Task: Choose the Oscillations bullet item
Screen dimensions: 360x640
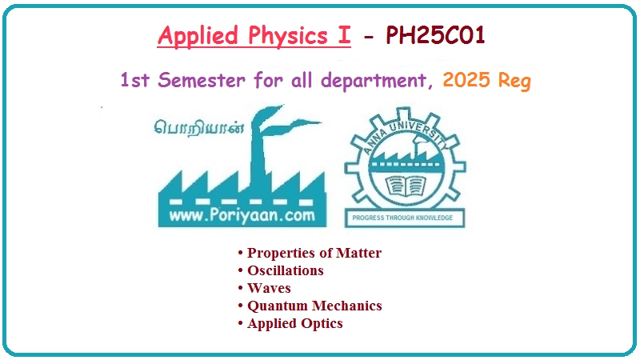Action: click(x=285, y=270)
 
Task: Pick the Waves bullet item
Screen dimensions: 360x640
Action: click(x=269, y=288)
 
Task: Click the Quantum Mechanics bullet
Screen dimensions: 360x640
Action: click(x=314, y=306)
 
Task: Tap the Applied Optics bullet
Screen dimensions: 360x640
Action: click(x=294, y=323)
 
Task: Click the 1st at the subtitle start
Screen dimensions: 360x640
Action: click(x=136, y=80)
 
